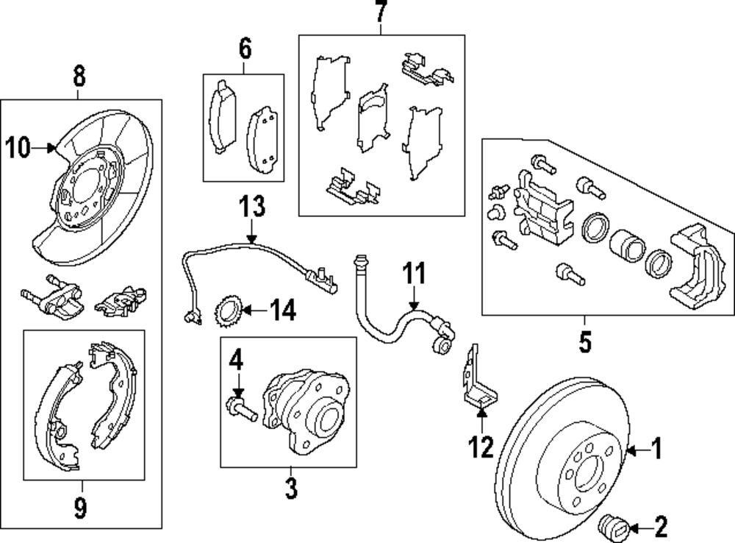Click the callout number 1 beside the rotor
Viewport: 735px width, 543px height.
657,447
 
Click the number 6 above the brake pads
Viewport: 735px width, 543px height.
244,49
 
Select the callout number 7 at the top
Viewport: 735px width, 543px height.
380,13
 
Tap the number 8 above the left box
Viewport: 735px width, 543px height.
79,74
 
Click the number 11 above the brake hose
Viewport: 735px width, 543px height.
413,274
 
